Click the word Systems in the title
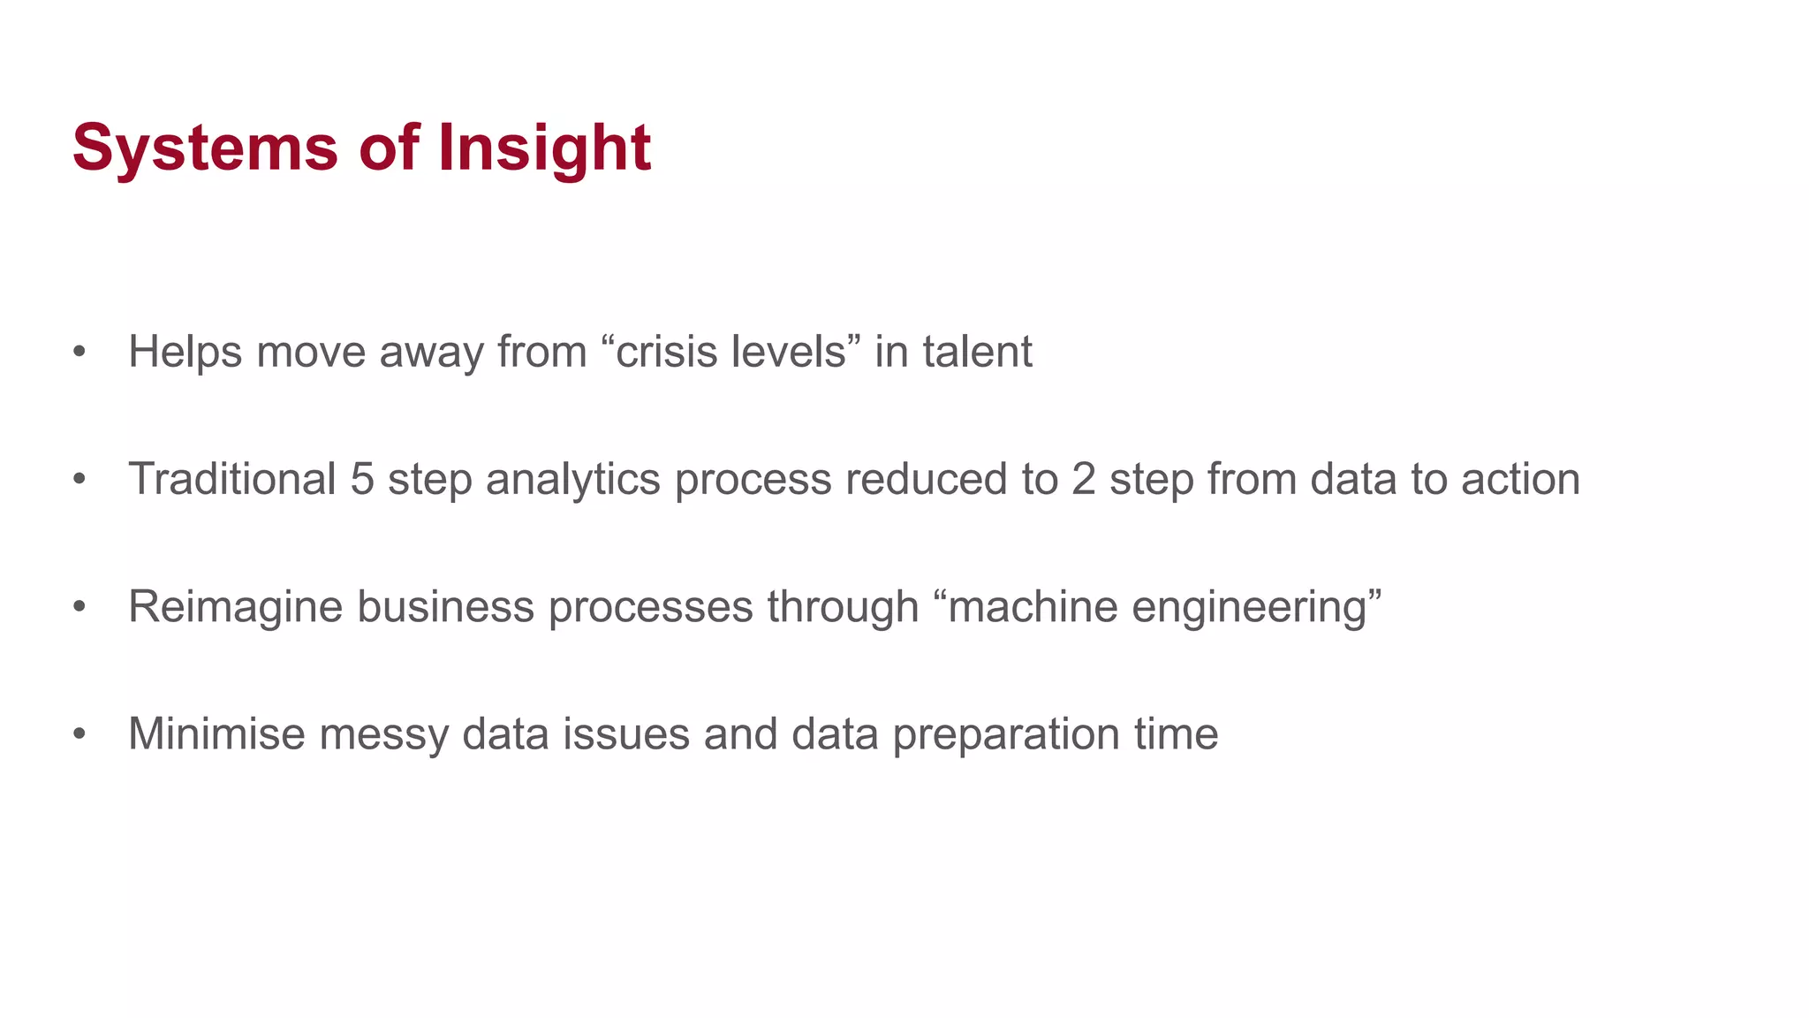205,148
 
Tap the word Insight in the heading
544,148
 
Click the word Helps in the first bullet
185,352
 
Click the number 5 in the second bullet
362,479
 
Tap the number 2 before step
1084,479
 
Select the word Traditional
232,479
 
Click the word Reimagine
235,607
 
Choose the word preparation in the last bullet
1006,735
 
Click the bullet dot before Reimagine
79,608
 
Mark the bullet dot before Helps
79,353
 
